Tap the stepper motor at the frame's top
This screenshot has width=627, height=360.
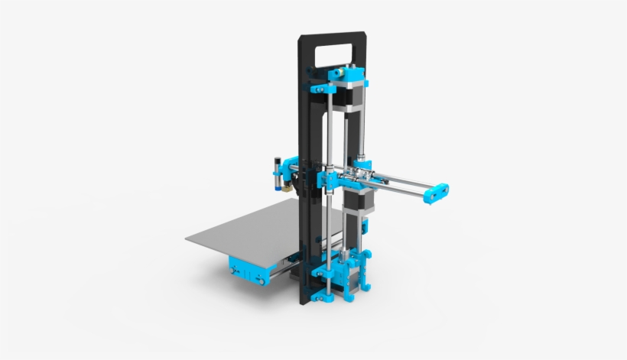pyautogui.click(x=352, y=96)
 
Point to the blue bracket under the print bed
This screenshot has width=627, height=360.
pyautogui.click(x=245, y=270)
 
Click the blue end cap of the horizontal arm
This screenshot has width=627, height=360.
pyautogui.click(x=437, y=193)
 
